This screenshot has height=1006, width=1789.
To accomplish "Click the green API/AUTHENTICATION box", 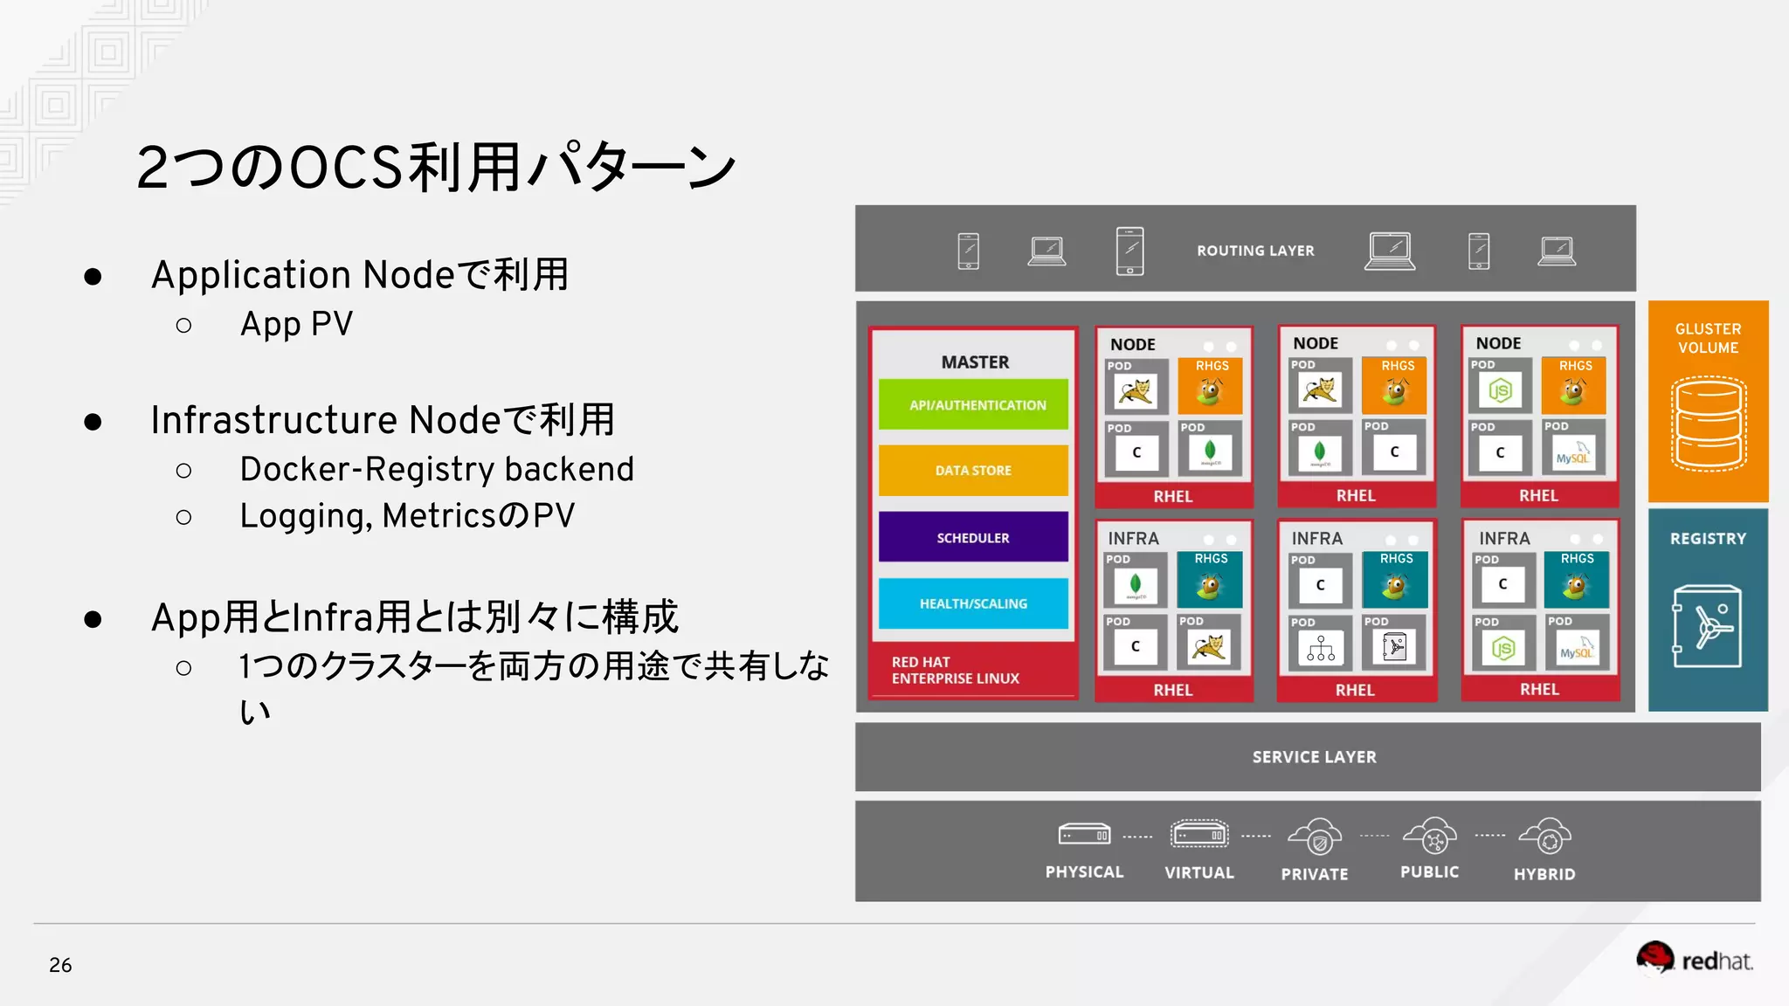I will pyautogui.click(x=973, y=404).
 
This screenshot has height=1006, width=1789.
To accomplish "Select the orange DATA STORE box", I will pyautogui.click(x=973, y=471).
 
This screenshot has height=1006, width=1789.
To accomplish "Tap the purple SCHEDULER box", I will pyautogui.click(x=973, y=537).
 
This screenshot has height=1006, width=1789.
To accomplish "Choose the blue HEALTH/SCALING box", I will pyautogui.click(x=973, y=603).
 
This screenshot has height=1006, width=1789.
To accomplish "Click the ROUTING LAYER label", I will pyautogui.click(x=1255, y=251).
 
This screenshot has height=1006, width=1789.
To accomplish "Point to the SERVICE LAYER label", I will pyautogui.click(x=1314, y=757).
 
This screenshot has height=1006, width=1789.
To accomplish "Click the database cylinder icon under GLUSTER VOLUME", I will pyautogui.click(x=1709, y=424).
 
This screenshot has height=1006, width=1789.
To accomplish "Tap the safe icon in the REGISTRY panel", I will pyautogui.click(x=1707, y=626).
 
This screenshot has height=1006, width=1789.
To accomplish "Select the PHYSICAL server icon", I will pyautogui.click(x=1084, y=836).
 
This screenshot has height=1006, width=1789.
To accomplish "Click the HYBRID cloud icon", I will pyautogui.click(x=1545, y=837).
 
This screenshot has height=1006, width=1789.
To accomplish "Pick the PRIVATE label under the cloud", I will pyautogui.click(x=1315, y=874).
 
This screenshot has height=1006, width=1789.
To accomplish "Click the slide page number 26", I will pyautogui.click(x=60, y=965).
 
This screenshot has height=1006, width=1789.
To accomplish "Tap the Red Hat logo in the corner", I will pyautogui.click(x=1694, y=960).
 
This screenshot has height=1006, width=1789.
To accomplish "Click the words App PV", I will pyautogui.click(x=297, y=324).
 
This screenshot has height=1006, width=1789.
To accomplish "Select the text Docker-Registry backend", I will pyautogui.click(x=437, y=469).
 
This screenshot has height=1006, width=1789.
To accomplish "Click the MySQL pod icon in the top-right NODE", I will pyautogui.click(x=1573, y=454).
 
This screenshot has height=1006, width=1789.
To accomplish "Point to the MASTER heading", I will pyautogui.click(x=975, y=362).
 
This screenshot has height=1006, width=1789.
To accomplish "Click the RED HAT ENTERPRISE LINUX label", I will pyautogui.click(x=955, y=670).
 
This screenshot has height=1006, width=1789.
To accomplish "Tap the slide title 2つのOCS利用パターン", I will pyautogui.click(x=436, y=167).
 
